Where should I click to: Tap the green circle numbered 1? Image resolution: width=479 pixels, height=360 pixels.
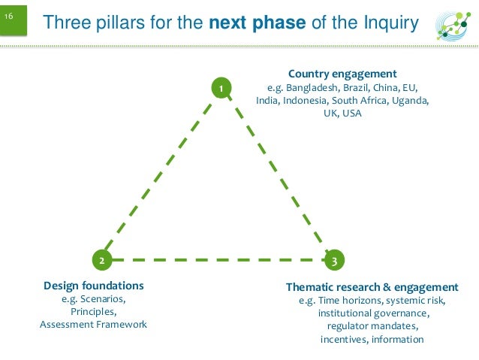(221, 89)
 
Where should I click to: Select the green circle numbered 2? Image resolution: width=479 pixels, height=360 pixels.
(102, 260)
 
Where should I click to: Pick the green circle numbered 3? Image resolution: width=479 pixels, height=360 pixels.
(333, 260)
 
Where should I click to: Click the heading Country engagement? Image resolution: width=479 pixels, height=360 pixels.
(342, 74)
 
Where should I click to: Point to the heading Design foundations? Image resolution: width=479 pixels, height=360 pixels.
(94, 286)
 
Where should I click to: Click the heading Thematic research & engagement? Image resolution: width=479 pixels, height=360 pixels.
(372, 287)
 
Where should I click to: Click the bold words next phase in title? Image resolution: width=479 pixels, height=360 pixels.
(257, 24)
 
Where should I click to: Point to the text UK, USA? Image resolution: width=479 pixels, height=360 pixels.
(342, 113)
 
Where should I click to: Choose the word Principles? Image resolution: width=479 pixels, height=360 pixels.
(93, 311)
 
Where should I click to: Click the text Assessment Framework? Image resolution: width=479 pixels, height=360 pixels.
(93, 324)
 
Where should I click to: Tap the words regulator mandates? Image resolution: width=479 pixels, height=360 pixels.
(372, 326)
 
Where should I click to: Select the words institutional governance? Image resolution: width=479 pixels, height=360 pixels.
(373, 313)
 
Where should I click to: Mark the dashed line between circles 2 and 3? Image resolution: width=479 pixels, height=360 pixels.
(218, 260)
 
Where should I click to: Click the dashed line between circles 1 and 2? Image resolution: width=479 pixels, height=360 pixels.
(161, 175)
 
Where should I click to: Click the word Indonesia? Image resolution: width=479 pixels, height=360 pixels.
(307, 100)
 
